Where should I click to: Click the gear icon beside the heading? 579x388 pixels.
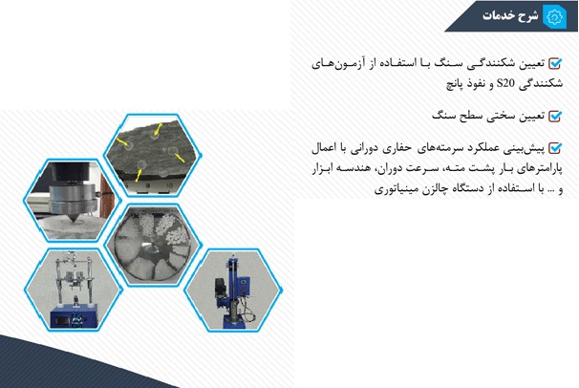(554, 16)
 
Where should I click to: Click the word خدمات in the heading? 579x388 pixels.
(499, 15)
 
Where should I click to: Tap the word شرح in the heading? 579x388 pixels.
(528, 16)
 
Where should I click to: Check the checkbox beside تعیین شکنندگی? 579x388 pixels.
(555, 63)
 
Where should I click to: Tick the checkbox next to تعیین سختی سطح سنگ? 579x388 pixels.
(555, 117)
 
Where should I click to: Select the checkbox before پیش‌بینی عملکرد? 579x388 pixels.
(555, 148)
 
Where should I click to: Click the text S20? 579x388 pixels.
(505, 83)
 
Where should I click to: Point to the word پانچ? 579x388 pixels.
(456, 84)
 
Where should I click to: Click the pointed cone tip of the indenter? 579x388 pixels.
(74, 221)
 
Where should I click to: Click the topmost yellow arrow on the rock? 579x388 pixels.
(158, 129)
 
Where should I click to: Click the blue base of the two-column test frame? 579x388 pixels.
(75, 316)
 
